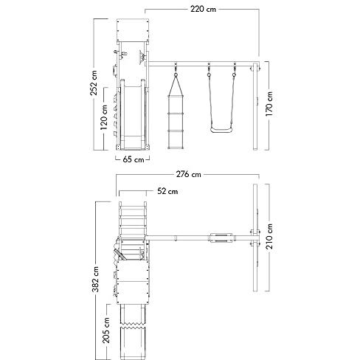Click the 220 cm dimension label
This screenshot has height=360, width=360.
[203, 9]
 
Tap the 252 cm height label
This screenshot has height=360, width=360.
[94, 83]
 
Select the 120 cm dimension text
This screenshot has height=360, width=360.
[104, 117]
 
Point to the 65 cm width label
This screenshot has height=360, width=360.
[133, 159]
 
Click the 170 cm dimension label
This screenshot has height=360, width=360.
[269, 104]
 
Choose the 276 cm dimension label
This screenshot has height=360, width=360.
[189, 174]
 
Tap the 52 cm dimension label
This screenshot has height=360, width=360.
[167, 191]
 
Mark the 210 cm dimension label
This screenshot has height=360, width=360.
[269, 236]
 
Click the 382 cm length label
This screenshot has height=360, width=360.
[95, 280]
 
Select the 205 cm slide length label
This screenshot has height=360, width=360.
[106, 330]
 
